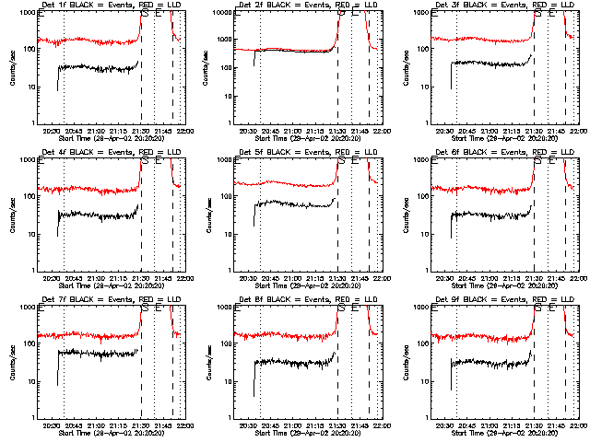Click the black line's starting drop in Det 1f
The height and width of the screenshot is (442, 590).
tap(57, 79)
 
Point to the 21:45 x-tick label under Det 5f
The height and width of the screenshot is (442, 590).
tap(361, 278)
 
